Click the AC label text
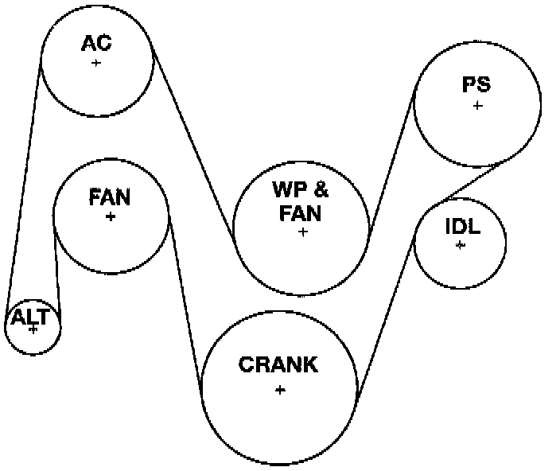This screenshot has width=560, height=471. click(x=95, y=42)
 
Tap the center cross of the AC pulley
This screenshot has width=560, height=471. click(x=96, y=63)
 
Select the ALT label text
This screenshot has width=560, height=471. click(x=30, y=317)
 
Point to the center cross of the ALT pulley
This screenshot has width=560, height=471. click(x=33, y=329)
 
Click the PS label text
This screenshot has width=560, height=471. click(x=476, y=84)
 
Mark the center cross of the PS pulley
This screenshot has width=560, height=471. click(x=477, y=105)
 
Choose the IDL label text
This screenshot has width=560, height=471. click(x=462, y=226)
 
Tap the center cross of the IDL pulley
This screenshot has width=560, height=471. click(x=460, y=245)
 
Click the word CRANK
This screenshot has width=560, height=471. click(x=278, y=365)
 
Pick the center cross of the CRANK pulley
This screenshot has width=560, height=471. click(x=280, y=390)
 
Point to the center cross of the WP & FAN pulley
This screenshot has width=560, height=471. click(x=302, y=232)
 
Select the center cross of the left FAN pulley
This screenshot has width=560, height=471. click(x=110, y=216)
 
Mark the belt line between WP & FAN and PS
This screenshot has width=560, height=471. click(x=392, y=159)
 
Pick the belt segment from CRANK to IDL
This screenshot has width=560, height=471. click(x=386, y=310)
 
